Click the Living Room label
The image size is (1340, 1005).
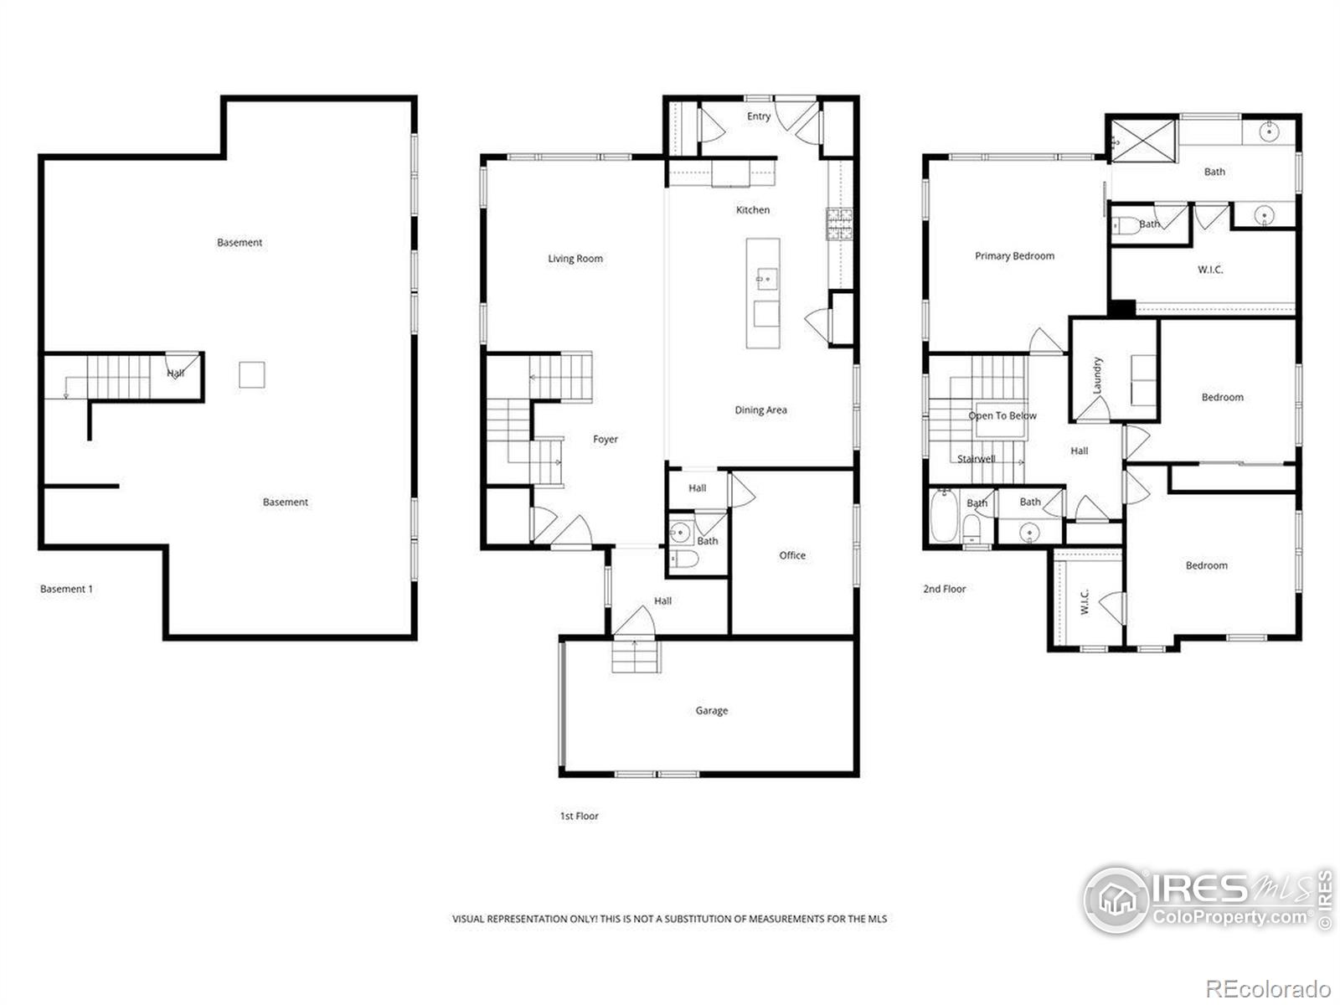point(575,259)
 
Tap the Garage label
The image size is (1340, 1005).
point(711,711)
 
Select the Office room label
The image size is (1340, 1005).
point(791,555)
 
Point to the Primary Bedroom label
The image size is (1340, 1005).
point(1014,256)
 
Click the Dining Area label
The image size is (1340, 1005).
point(760,410)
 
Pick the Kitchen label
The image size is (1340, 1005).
point(753,210)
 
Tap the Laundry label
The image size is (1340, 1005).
point(1097,375)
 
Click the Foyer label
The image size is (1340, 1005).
point(605,440)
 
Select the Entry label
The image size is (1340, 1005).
point(758,116)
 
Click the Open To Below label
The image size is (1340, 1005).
point(1002,416)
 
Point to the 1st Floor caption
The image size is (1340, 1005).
point(579,816)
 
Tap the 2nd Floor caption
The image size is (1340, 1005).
point(944,589)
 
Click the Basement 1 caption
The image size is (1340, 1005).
point(66,589)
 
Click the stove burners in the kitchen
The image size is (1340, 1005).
point(839,224)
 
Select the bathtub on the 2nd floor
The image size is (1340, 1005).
point(944,516)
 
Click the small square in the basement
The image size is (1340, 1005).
point(251,374)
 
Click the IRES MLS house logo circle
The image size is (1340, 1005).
point(1117,899)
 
